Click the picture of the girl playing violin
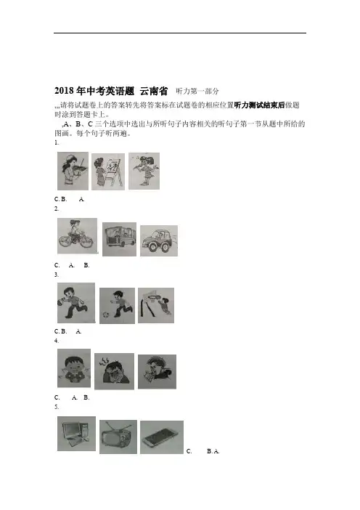point(73,171)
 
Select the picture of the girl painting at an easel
point(108,171)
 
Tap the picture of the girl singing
point(144,171)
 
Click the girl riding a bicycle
point(77,236)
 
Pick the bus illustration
point(119,240)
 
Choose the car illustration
point(159,240)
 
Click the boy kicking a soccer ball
point(117,306)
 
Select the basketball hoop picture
point(156,305)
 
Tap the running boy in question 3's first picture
point(76,303)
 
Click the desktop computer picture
point(76,434)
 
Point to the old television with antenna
point(118,437)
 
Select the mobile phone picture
point(162,437)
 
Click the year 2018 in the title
point(64,91)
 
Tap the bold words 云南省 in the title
point(154,91)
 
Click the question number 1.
point(57,142)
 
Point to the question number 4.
point(57,341)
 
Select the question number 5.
point(57,407)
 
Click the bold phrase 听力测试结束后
point(259,105)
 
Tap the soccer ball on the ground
point(105,315)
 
